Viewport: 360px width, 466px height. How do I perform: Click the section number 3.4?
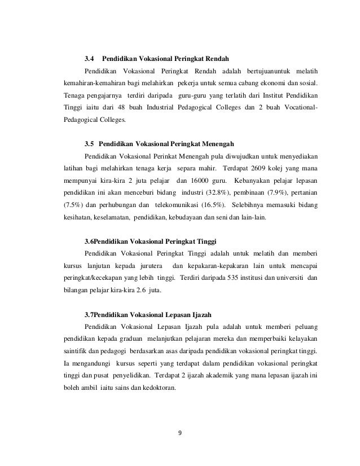(x=89, y=58)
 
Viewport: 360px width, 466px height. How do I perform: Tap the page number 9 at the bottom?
(x=179, y=433)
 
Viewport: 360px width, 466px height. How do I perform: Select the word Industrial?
(x=165, y=108)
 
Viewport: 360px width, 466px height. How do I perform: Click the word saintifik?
(x=74, y=353)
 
